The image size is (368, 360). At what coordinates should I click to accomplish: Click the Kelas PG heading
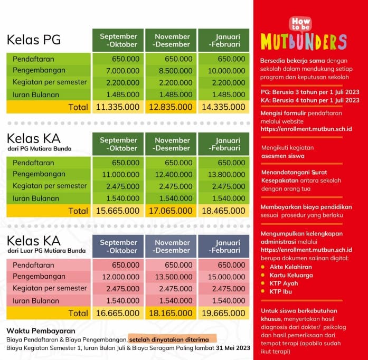coord(34,40)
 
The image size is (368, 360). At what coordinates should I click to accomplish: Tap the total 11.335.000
coord(118,107)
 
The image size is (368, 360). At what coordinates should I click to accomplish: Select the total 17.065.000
coord(171,211)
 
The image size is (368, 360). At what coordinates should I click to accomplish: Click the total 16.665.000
coord(118,313)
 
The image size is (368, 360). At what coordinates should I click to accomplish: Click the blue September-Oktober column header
coord(118,247)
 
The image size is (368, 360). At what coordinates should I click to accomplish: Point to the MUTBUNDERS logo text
coord(303,42)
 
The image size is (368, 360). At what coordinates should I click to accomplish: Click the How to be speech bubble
coord(300,23)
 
